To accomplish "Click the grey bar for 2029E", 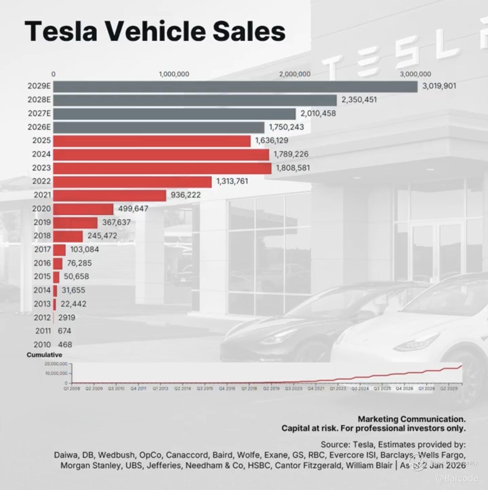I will (235, 86).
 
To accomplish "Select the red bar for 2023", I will (162, 168).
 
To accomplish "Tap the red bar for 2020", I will (83, 209).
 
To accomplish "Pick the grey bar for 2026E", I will (159, 127).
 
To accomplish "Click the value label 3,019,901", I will (439, 86).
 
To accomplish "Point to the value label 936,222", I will (186, 195).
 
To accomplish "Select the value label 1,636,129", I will (272, 141).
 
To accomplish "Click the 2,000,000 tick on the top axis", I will (295, 74).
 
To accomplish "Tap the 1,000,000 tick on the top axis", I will (174, 74).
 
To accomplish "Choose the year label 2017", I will (42, 249).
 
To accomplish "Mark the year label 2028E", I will (39, 100).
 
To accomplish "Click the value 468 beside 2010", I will (65, 344).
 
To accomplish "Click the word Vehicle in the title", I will (155, 31).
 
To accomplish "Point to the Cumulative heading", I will (44, 355).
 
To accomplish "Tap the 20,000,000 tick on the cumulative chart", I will (56, 364).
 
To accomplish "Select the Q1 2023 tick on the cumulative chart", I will (338, 389).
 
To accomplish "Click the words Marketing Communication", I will (412, 419).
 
